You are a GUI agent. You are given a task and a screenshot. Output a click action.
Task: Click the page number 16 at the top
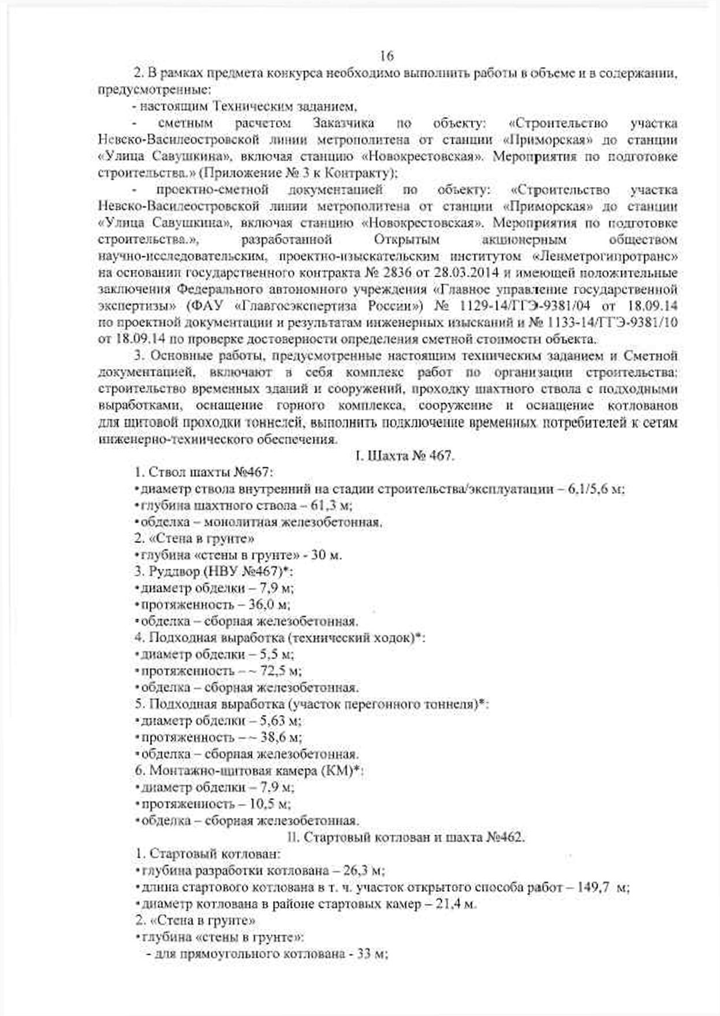click(386, 55)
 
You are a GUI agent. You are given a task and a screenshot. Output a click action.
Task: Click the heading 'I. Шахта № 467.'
click(404, 456)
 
